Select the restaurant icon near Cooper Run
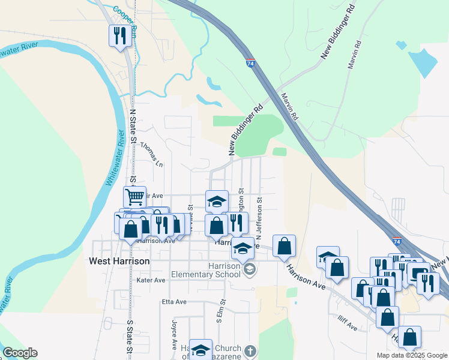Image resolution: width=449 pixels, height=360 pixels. click(x=119, y=36)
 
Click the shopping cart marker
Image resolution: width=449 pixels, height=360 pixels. click(x=135, y=196)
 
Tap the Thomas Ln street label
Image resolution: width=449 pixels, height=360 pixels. click(x=152, y=154)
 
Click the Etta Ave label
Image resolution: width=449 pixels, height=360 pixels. click(x=171, y=301)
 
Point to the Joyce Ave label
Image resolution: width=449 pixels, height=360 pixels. click(x=174, y=331)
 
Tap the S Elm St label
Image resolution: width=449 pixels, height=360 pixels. click(x=220, y=313)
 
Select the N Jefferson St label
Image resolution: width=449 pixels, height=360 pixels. click(x=259, y=217)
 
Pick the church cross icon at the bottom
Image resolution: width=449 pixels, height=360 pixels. click(x=250, y=350)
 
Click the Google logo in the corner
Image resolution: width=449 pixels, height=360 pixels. click(x=20, y=353)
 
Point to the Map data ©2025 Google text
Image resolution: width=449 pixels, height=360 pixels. click(x=412, y=355)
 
